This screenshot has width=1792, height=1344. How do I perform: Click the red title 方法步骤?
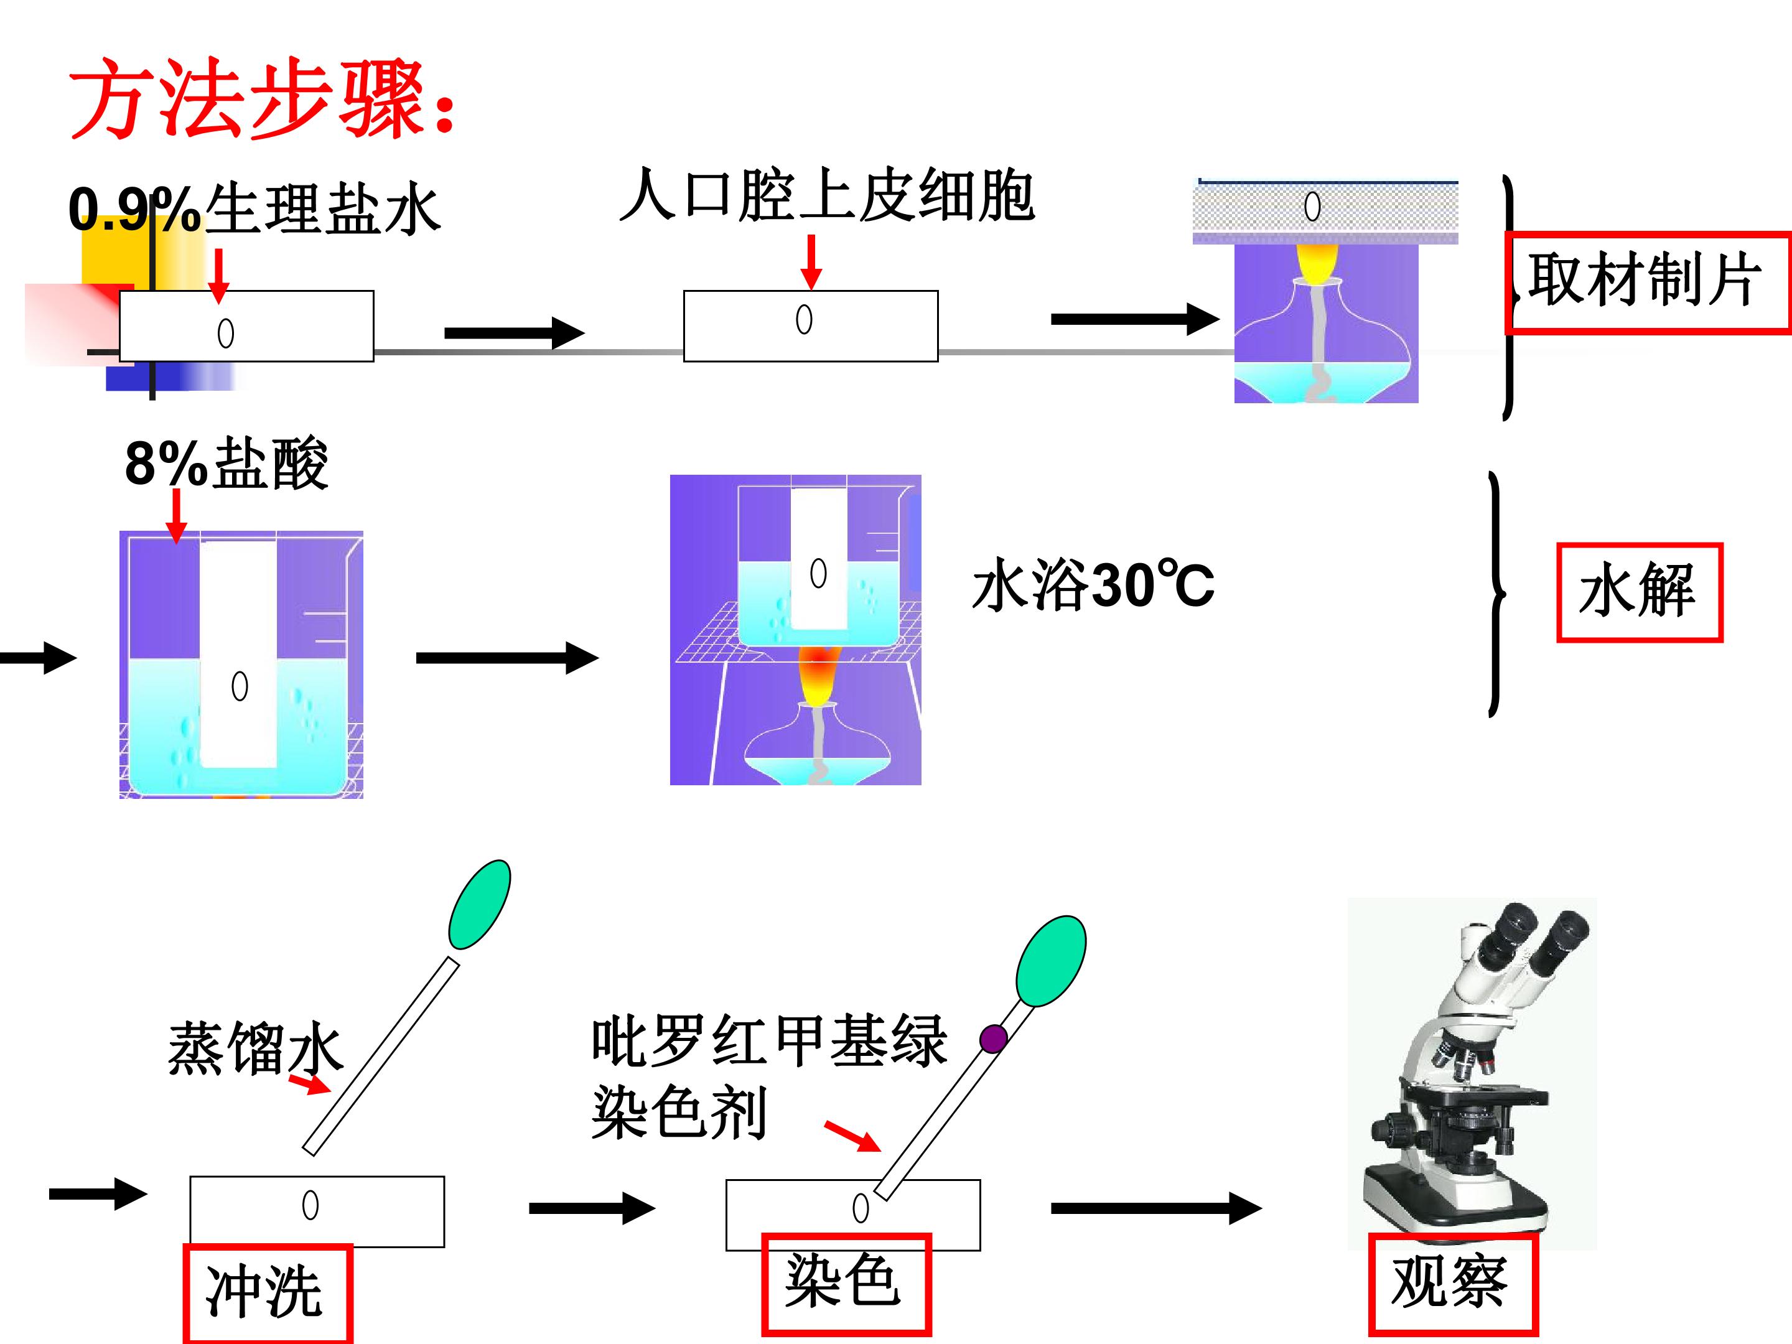[263, 99]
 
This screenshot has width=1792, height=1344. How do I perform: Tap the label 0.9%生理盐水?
[254, 208]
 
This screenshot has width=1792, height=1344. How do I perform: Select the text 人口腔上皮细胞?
[826, 195]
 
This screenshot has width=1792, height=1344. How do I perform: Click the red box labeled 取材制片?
[1648, 282]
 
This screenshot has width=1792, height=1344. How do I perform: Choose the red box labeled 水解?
[1639, 592]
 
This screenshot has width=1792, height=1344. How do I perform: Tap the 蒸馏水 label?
[254, 1047]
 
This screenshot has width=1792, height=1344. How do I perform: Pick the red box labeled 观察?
[1452, 1284]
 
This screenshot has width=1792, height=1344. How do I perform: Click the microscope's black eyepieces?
[1535, 940]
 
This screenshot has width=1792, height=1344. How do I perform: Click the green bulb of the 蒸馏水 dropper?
[480, 904]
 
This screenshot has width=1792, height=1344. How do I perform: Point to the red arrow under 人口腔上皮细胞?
[810, 262]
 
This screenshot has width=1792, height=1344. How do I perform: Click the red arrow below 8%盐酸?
[176, 516]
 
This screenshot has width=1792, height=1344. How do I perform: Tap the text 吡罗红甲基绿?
[769, 1040]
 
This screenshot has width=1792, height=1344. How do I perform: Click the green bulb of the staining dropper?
[1051, 961]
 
